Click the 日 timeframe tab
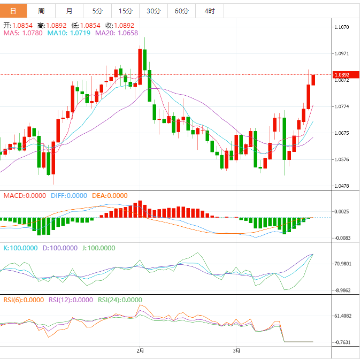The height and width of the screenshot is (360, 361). click(x=13, y=11)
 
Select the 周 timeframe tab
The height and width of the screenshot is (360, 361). click(x=41, y=11)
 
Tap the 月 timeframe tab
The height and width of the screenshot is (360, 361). click(x=70, y=11)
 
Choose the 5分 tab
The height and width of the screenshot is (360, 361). click(x=97, y=11)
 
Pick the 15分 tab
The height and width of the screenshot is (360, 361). click(x=125, y=11)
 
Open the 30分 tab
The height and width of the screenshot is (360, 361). click(x=153, y=11)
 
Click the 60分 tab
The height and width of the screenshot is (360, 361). click(x=181, y=11)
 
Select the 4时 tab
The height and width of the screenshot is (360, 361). click(x=210, y=11)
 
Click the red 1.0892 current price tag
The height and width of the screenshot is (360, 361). click(x=341, y=75)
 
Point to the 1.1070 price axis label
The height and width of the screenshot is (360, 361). click(x=341, y=27)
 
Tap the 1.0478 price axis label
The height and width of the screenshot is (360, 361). click(x=341, y=186)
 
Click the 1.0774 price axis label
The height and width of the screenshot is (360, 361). click(x=341, y=106)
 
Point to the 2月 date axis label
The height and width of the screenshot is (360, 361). click(x=140, y=351)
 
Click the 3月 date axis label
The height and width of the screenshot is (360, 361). click(x=236, y=351)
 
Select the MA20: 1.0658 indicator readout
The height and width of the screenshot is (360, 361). click(x=117, y=33)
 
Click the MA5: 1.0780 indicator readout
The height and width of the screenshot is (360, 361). click(x=23, y=33)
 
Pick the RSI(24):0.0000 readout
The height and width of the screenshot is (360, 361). click(x=120, y=300)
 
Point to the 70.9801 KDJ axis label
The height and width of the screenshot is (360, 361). click(x=342, y=264)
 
